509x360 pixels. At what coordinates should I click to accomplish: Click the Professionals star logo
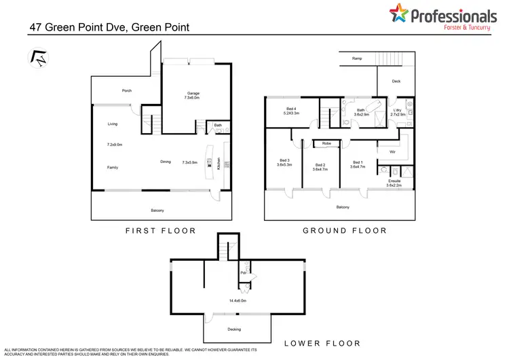click(399, 14)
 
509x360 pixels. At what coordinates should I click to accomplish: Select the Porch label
click(126, 90)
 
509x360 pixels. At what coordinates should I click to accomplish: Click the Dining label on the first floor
click(166, 162)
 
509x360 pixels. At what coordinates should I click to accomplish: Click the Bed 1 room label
click(357, 163)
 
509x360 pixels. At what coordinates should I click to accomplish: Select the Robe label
click(326, 143)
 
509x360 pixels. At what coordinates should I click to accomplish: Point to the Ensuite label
click(394, 183)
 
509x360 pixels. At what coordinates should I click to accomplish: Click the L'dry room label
click(399, 112)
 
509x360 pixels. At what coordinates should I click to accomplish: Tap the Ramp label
click(357, 59)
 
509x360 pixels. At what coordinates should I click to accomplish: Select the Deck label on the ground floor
click(396, 82)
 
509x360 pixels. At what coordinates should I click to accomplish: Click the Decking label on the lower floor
click(233, 329)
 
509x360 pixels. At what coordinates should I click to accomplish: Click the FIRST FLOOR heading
click(160, 230)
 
